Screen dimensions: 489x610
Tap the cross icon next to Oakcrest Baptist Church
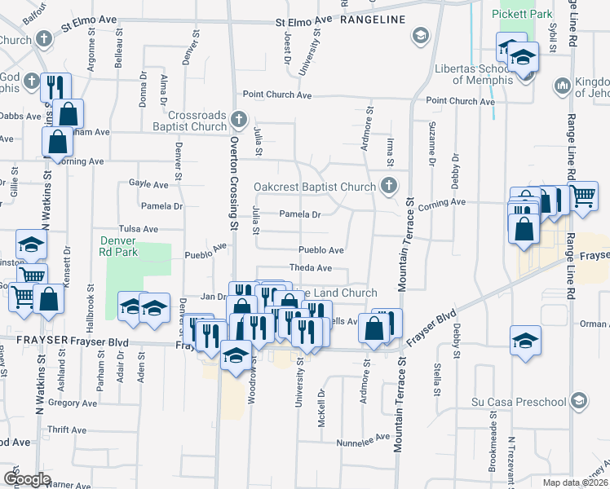(388, 187)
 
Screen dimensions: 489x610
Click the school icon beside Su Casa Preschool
(578, 401)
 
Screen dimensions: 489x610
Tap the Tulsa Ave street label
(138, 230)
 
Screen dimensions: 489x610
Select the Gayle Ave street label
(148, 184)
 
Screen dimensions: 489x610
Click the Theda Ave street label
(311, 268)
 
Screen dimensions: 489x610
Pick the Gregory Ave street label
(73, 403)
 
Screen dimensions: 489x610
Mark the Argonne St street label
(91, 55)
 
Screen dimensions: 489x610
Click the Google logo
(27, 479)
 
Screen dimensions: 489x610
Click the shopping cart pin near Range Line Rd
(582, 196)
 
